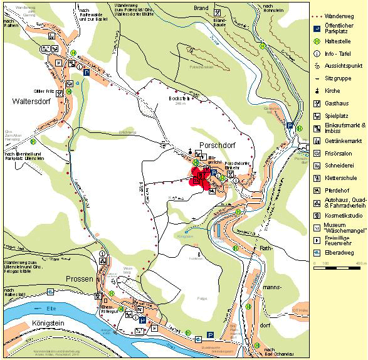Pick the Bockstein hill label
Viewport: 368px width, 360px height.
click(179, 98)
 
